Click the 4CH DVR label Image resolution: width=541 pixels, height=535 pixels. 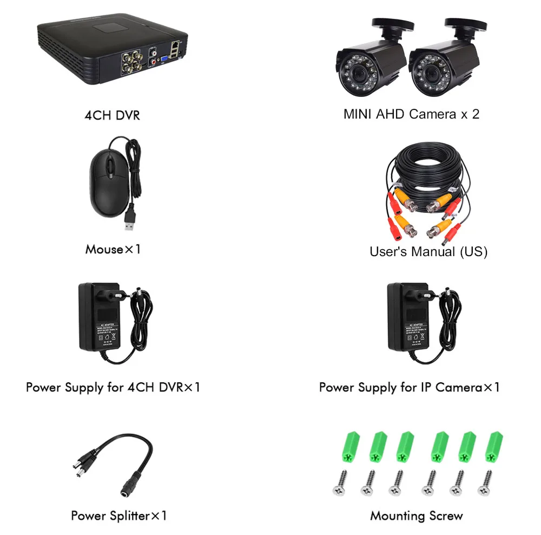(x=112, y=115)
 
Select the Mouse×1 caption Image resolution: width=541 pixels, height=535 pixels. (x=113, y=250)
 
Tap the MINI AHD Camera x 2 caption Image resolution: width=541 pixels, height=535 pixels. (x=411, y=114)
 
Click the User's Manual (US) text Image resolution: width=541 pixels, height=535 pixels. (x=428, y=252)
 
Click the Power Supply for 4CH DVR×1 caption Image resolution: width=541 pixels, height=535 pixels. (x=113, y=388)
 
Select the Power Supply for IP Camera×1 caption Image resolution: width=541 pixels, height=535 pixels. (x=409, y=388)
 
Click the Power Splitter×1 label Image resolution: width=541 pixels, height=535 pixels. (x=119, y=516)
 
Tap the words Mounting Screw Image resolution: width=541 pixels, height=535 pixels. (x=417, y=516)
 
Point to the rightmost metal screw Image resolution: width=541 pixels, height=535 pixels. (x=485, y=482)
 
